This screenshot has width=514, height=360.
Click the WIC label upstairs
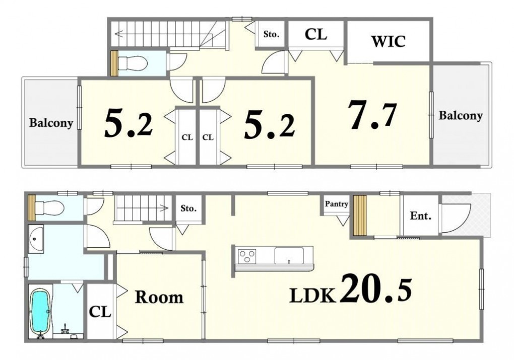click(388, 41)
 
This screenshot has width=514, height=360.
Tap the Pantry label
click(336, 204)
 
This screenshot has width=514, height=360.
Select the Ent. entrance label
click(421, 216)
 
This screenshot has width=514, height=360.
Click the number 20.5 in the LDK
click(376, 289)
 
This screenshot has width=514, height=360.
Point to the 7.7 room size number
click(372, 115)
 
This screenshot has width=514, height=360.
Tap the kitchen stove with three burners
click(247, 256)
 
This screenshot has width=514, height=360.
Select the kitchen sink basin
click(289, 255)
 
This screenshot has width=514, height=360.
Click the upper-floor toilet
click(131, 63)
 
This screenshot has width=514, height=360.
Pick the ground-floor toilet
click(49, 207)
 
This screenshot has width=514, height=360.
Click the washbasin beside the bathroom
click(36, 239)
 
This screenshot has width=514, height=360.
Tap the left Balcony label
click(51, 123)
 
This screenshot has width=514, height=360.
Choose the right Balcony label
click(461, 116)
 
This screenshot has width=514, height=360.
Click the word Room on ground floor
click(159, 297)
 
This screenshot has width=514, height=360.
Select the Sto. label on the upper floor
click(272, 34)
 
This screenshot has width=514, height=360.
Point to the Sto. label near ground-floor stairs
click(188, 208)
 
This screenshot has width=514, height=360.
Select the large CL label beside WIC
click(315, 34)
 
